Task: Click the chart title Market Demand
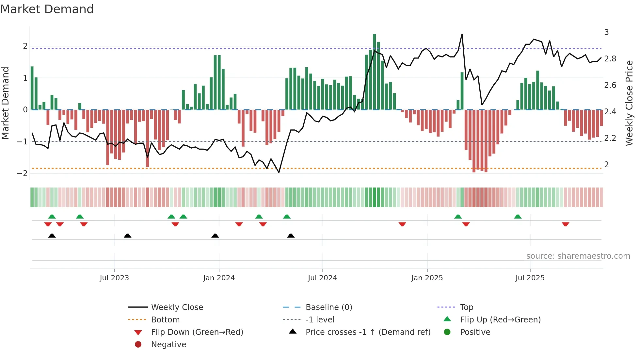click(47, 9)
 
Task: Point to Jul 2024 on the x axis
click(322, 278)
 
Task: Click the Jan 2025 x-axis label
click(427, 278)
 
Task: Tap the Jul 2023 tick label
click(114, 278)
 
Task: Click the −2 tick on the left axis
click(22, 173)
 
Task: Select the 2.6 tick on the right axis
click(610, 85)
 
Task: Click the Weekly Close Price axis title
click(629, 103)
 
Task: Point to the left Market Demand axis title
click(5, 103)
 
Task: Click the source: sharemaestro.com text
click(578, 256)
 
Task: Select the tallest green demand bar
click(375, 72)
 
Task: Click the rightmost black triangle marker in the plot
click(291, 236)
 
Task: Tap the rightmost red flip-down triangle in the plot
click(566, 224)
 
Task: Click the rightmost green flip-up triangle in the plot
click(518, 217)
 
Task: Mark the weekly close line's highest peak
click(462, 34)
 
